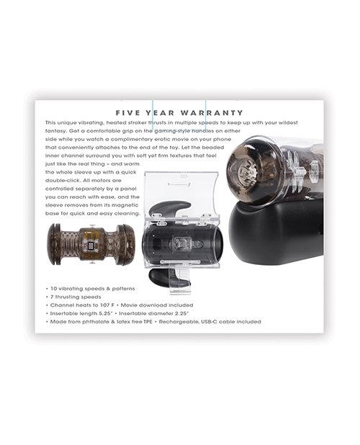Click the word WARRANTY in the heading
[212, 112]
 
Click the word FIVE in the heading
[127, 112]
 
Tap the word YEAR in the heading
[160, 112]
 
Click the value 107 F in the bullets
[107, 305]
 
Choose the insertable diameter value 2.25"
[181, 313]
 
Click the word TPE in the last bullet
[148, 322]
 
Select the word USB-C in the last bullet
[210, 322]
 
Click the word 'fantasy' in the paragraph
[55, 131]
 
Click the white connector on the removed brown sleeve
[91, 246]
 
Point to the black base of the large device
[276, 232]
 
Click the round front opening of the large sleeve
[244, 173]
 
